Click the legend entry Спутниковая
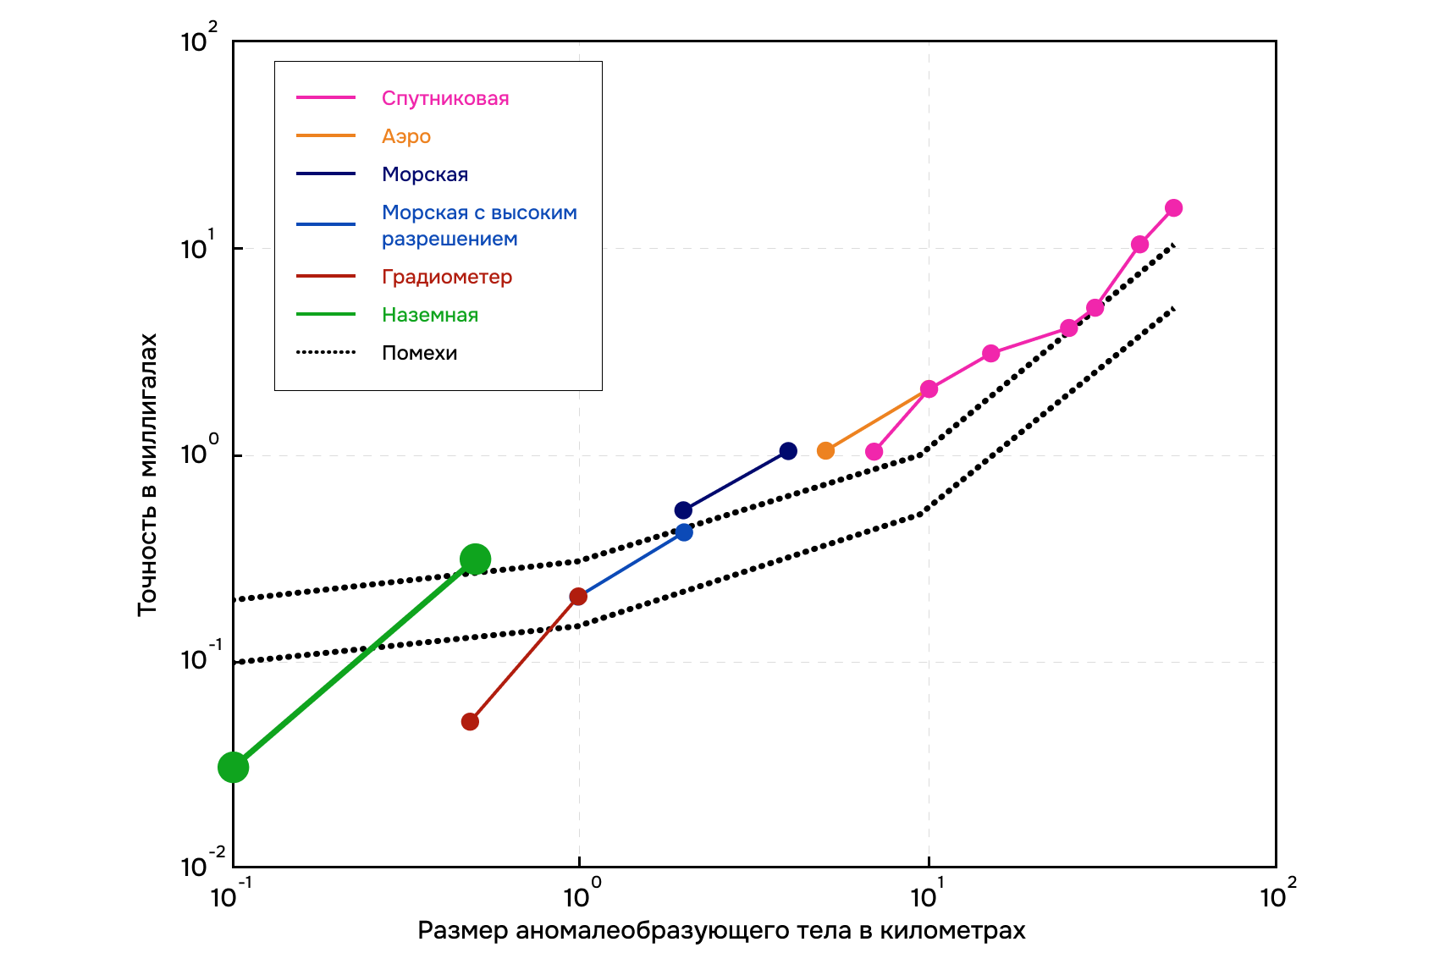pos(444,98)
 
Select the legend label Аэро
pos(405,136)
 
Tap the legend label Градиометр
pos(446,277)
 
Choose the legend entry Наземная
pos(429,315)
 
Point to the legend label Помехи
pos(419,353)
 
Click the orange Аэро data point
pos(825,451)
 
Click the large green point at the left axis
pos(234,768)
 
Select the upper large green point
pos(475,559)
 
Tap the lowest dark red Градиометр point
pos(470,722)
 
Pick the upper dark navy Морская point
pos(788,451)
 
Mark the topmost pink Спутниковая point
pos(1173,208)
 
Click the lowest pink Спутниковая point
pos(874,452)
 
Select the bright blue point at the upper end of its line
pos(684,532)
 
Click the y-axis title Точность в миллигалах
pos(147,474)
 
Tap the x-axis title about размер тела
pos(721,931)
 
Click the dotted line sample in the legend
pos(326,353)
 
